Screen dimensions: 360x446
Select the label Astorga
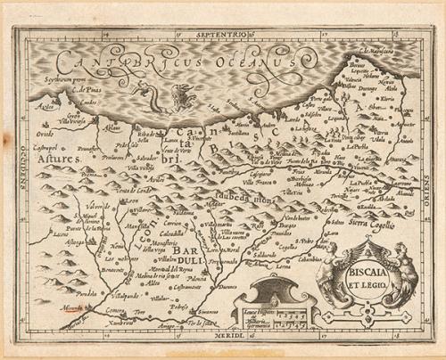[x=70, y=241]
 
